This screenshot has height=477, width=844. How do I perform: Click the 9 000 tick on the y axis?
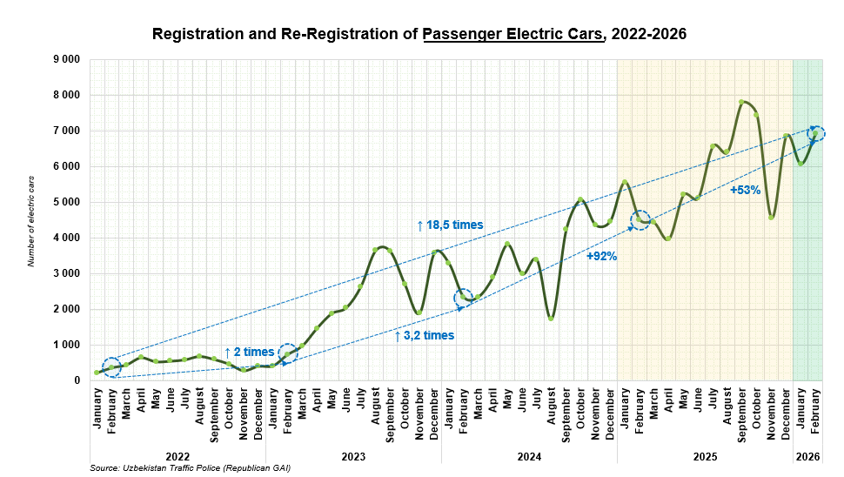click(66, 59)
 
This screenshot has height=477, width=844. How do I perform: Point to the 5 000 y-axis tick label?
click(66, 202)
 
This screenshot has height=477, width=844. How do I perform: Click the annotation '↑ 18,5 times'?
click(449, 225)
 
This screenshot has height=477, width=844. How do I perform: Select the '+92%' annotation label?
click(601, 257)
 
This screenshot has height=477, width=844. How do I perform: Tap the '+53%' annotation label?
click(745, 190)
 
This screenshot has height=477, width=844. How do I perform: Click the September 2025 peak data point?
click(741, 102)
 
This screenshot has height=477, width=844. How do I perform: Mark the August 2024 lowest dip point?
click(551, 318)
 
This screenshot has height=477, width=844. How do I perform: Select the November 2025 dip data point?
click(771, 217)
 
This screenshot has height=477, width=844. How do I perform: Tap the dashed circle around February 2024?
click(464, 298)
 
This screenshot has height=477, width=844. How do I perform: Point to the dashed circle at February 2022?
click(111, 366)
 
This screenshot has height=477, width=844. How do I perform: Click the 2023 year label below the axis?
click(352, 456)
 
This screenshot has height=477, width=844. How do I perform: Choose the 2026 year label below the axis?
click(807, 456)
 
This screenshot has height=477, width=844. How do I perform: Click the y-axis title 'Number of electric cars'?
click(31, 219)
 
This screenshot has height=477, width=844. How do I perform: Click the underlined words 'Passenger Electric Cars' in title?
click(513, 36)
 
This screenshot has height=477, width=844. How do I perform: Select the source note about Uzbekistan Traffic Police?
click(190, 468)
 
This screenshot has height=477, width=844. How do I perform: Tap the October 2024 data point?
click(580, 200)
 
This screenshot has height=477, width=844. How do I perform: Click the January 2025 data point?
click(625, 182)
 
